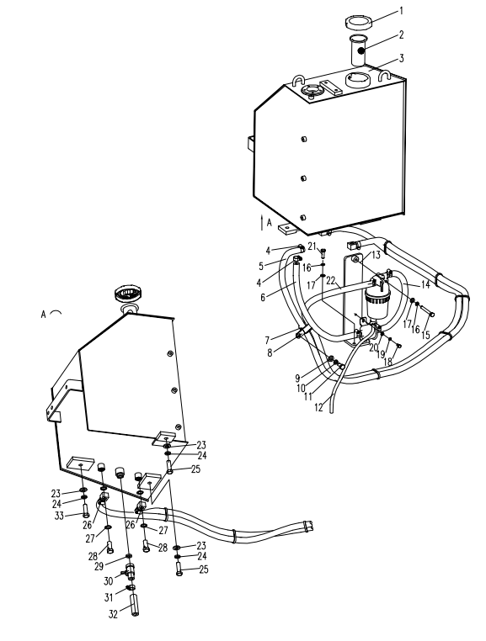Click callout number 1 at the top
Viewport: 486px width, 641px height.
coord(401,11)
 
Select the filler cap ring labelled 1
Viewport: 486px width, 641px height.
coord(359,22)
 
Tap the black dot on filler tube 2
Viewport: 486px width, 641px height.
coord(361,50)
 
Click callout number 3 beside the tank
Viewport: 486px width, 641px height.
coord(401,58)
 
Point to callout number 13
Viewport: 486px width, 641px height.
coord(376,256)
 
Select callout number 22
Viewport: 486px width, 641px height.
coord(331,281)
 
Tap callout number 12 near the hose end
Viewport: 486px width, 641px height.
coord(319,408)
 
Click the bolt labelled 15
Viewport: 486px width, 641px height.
coord(427,312)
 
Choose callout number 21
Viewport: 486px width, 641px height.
coord(312,246)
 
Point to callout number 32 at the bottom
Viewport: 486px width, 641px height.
coord(114,614)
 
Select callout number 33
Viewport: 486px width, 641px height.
coord(59,516)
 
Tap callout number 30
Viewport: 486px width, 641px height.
coord(108,581)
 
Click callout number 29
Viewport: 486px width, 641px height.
coord(99,566)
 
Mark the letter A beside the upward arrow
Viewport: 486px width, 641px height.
coord(269,223)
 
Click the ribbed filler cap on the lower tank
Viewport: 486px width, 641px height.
coord(126,294)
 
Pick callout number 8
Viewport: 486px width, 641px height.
coord(270,352)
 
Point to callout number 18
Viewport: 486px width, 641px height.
coord(387,362)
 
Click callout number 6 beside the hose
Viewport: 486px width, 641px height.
coord(263,297)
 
